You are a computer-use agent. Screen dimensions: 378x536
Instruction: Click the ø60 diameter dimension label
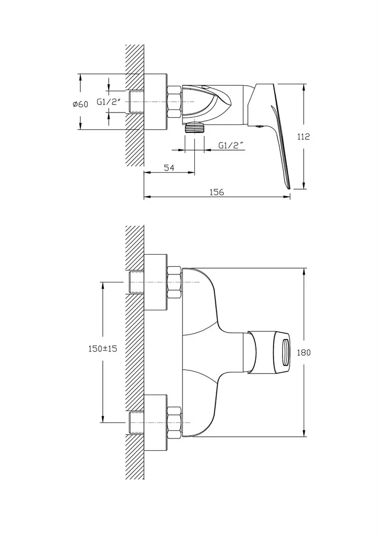point(80,104)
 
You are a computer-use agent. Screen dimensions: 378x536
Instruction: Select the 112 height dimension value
point(303,137)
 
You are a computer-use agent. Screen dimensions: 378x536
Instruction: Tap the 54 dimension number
point(169,167)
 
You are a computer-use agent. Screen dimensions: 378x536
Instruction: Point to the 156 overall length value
point(217,192)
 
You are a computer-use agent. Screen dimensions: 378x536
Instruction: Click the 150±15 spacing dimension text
point(103,349)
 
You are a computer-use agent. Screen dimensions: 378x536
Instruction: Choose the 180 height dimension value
point(304,353)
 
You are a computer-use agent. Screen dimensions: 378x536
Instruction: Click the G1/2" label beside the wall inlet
point(109,102)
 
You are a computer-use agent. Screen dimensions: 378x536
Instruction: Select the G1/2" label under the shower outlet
point(232,145)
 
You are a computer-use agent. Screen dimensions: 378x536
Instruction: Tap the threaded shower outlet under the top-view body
point(195,128)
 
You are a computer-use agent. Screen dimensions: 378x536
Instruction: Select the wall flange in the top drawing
point(155,102)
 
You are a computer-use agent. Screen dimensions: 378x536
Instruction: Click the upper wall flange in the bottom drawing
point(155,282)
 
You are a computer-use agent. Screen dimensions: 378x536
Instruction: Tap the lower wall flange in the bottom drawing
point(155,423)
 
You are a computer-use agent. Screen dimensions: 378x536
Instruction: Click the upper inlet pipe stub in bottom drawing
point(137,282)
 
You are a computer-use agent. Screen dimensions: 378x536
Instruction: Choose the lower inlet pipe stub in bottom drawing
point(137,423)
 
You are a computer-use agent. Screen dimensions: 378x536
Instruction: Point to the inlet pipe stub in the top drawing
point(137,102)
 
